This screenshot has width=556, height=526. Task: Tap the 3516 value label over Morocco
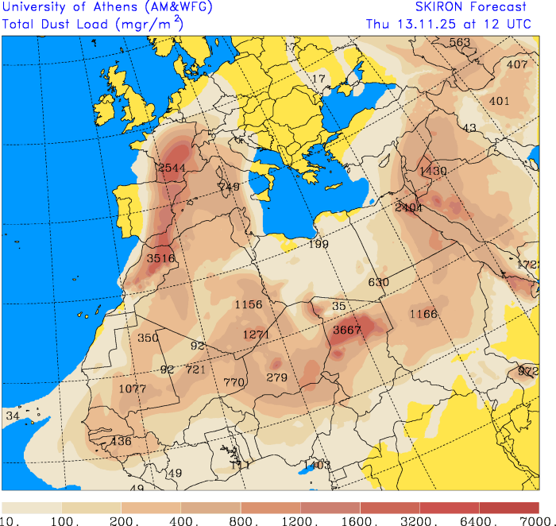coord(161,258)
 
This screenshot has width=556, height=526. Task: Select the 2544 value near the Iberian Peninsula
coord(172,168)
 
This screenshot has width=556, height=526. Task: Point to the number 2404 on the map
coord(408,207)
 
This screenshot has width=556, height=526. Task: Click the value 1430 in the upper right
coord(434,171)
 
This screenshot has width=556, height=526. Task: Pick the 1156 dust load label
coord(249,305)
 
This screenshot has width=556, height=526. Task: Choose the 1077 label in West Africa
coord(133,389)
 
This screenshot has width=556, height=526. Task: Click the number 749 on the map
coord(229,187)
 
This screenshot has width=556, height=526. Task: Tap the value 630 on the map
coord(379,282)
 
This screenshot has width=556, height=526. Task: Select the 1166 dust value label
coord(423,314)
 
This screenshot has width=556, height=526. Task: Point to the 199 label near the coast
coord(319,244)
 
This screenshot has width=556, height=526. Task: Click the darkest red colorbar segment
coord(509,507)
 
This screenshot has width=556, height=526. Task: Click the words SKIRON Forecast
coord(471,7)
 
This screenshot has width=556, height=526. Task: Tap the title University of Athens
coord(60,7)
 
